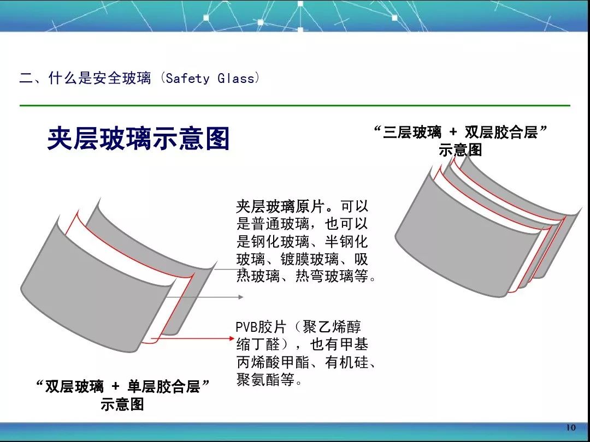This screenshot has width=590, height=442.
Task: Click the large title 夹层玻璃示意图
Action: click(x=138, y=139)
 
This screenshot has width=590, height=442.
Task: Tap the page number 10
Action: click(x=571, y=427)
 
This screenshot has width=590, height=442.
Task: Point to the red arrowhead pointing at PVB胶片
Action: click(x=232, y=338)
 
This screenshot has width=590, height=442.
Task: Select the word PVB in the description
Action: click(x=246, y=327)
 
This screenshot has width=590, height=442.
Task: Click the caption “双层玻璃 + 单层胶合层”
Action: click(x=122, y=386)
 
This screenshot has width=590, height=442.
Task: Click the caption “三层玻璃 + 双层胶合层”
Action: click(x=461, y=132)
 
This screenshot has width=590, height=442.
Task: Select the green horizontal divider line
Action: click(x=294, y=106)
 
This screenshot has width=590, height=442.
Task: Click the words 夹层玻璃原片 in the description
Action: click(x=280, y=206)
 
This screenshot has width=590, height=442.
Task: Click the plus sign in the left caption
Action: click(x=115, y=386)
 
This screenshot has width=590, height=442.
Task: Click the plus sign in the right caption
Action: click(x=453, y=132)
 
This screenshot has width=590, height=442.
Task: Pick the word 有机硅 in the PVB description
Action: click(x=347, y=362)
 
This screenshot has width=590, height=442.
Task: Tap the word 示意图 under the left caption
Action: click(x=122, y=404)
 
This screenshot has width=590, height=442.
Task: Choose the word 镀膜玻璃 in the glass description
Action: click(x=310, y=259)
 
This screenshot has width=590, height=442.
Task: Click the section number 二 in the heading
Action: click(x=26, y=78)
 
